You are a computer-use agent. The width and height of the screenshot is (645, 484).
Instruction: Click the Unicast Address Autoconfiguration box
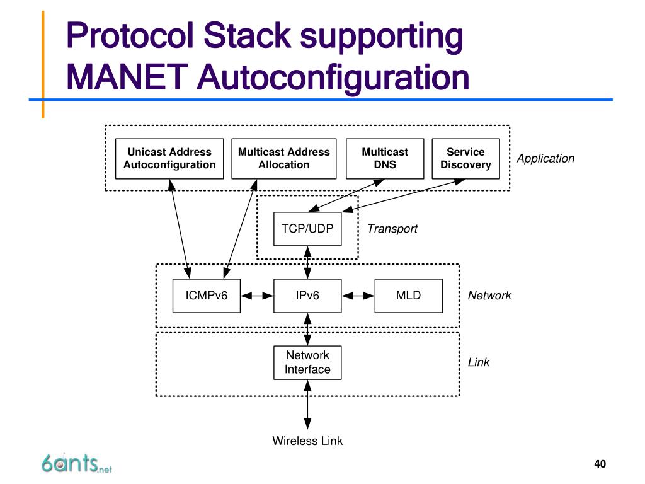[x=169, y=158]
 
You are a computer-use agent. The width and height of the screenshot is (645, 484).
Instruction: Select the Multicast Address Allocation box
[x=283, y=158]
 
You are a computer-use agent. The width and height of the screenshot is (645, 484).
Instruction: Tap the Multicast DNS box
[x=384, y=158]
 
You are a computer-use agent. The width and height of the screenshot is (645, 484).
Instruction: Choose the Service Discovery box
[x=465, y=158]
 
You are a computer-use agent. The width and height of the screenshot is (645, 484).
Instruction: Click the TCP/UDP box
[x=307, y=229]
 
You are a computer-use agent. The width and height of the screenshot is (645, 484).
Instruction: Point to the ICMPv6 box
[x=206, y=296]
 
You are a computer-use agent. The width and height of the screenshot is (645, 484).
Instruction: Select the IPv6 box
[x=307, y=296]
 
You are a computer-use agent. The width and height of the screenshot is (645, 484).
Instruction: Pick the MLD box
[x=408, y=296]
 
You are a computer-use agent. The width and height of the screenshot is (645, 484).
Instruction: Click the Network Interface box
[x=307, y=362]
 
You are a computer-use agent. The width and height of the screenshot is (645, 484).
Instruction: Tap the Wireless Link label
[x=307, y=441]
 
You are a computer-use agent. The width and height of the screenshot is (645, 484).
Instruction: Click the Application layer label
[x=545, y=158]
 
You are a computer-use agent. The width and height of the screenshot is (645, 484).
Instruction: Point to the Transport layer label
[x=392, y=229]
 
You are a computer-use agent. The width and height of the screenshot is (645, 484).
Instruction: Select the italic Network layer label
[x=489, y=296]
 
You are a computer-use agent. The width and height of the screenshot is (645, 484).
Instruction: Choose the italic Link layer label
[x=479, y=362]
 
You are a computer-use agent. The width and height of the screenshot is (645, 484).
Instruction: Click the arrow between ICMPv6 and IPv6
[x=257, y=296]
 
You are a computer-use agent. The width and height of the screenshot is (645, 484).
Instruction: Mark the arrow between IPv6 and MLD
[x=358, y=296]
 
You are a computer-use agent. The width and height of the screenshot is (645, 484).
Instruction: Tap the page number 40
[x=600, y=464]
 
